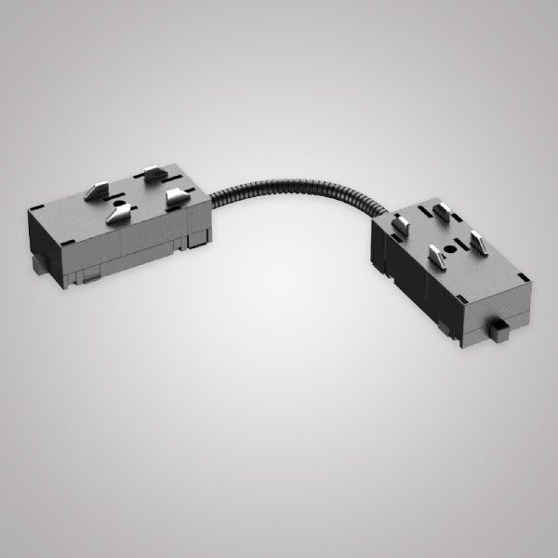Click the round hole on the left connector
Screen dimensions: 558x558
(x=118, y=203)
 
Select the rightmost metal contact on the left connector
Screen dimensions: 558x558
(x=174, y=196)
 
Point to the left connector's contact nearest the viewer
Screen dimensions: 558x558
(x=117, y=216)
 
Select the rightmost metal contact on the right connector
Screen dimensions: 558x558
(x=478, y=244)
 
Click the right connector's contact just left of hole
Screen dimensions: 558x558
(x=433, y=252)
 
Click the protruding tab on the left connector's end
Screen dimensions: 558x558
(x=37, y=264)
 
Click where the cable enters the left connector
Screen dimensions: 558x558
(x=213, y=197)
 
